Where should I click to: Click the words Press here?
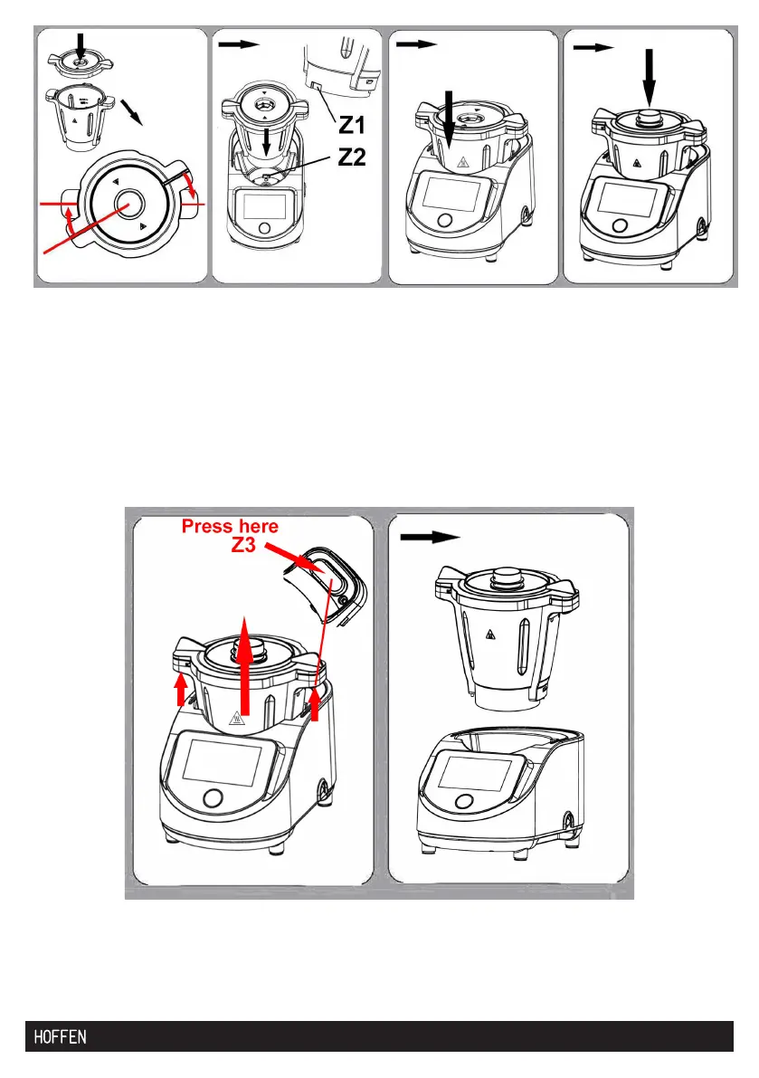pyautogui.click(x=231, y=526)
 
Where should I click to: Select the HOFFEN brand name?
pyautogui.click(x=61, y=1036)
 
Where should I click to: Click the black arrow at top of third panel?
pyautogui.click(x=416, y=44)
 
